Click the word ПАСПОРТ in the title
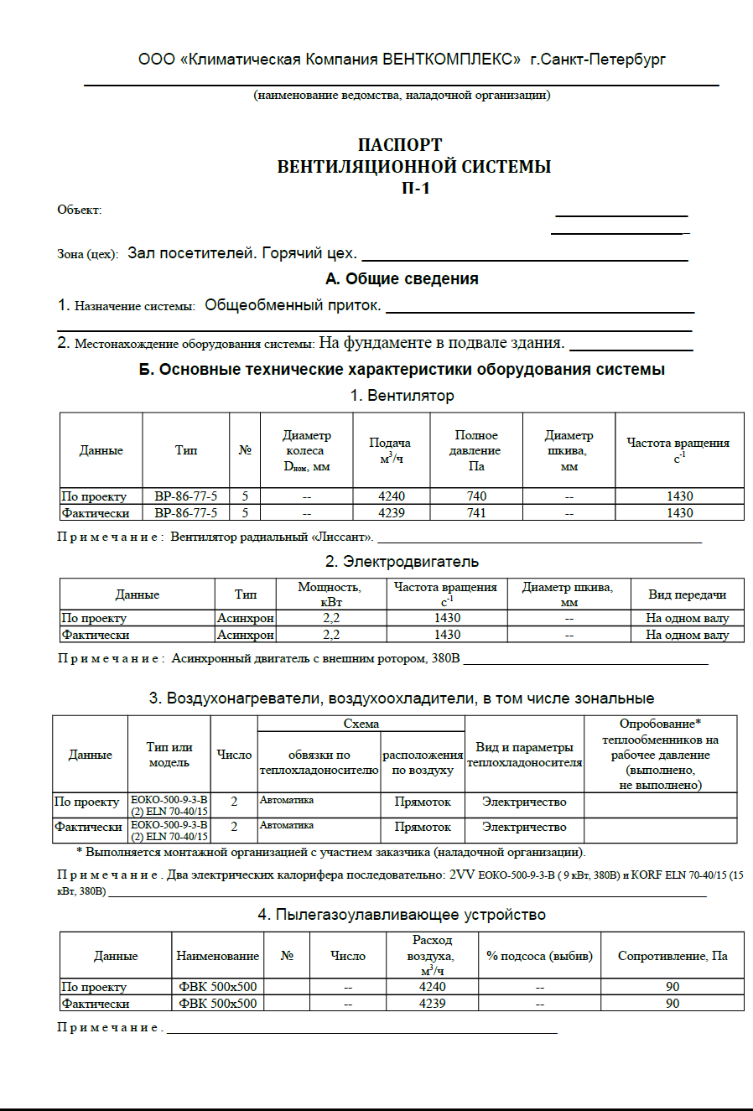(x=400, y=145)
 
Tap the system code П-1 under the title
(x=415, y=188)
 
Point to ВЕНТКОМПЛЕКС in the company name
(x=451, y=60)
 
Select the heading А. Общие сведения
(x=402, y=278)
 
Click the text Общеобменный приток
(x=293, y=305)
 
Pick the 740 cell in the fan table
(x=476, y=496)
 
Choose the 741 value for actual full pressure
(x=476, y=513)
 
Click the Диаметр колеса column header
(x=307, y=450)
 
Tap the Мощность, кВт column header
(x=330, y=594)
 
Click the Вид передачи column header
(x=687, y=594)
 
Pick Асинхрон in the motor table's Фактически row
(x=246, y=635)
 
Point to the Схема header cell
(x=361, y=724)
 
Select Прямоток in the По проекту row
(x=423, y=802)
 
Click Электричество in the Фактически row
(x=524, y=827)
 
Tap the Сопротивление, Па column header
(x=673, y=956)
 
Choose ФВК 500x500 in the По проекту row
(x=218, y=987)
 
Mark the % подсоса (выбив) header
(x=539, y=956)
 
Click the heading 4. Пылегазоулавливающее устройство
(x=402, y=915)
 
